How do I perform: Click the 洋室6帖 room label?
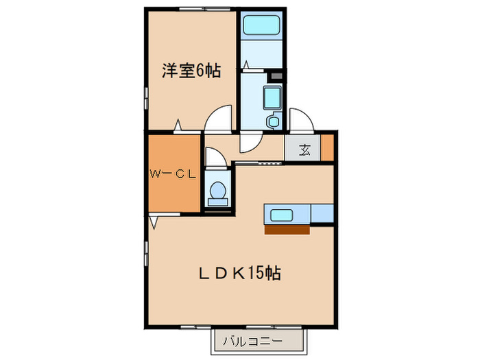click(x=191, y=71)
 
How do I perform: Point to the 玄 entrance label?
click(x=304, y=150)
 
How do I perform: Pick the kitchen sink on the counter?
click(x=282, y=215)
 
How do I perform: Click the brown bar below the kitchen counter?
click(x=287, y=230)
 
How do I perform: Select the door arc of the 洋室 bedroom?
click(x=219, y=119)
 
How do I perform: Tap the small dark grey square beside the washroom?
click(x=277, y=75)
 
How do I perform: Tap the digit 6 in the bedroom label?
click(x=204, y=71)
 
